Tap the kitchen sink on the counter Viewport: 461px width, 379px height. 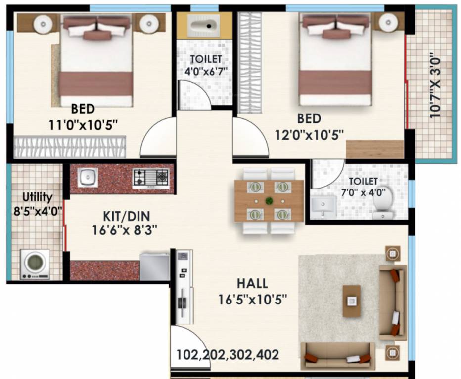coord(88,177)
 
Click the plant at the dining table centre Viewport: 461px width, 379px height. coord(269,201)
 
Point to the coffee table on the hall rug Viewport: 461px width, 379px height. coord(351,301)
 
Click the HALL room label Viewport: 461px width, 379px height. coord(252,284)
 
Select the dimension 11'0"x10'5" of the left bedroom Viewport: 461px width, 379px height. coord(83,124)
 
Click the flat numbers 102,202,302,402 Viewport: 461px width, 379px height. coord(228,354)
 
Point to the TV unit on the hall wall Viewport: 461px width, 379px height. coord(184,287)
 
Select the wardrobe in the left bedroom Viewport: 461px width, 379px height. coord(69,147)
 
